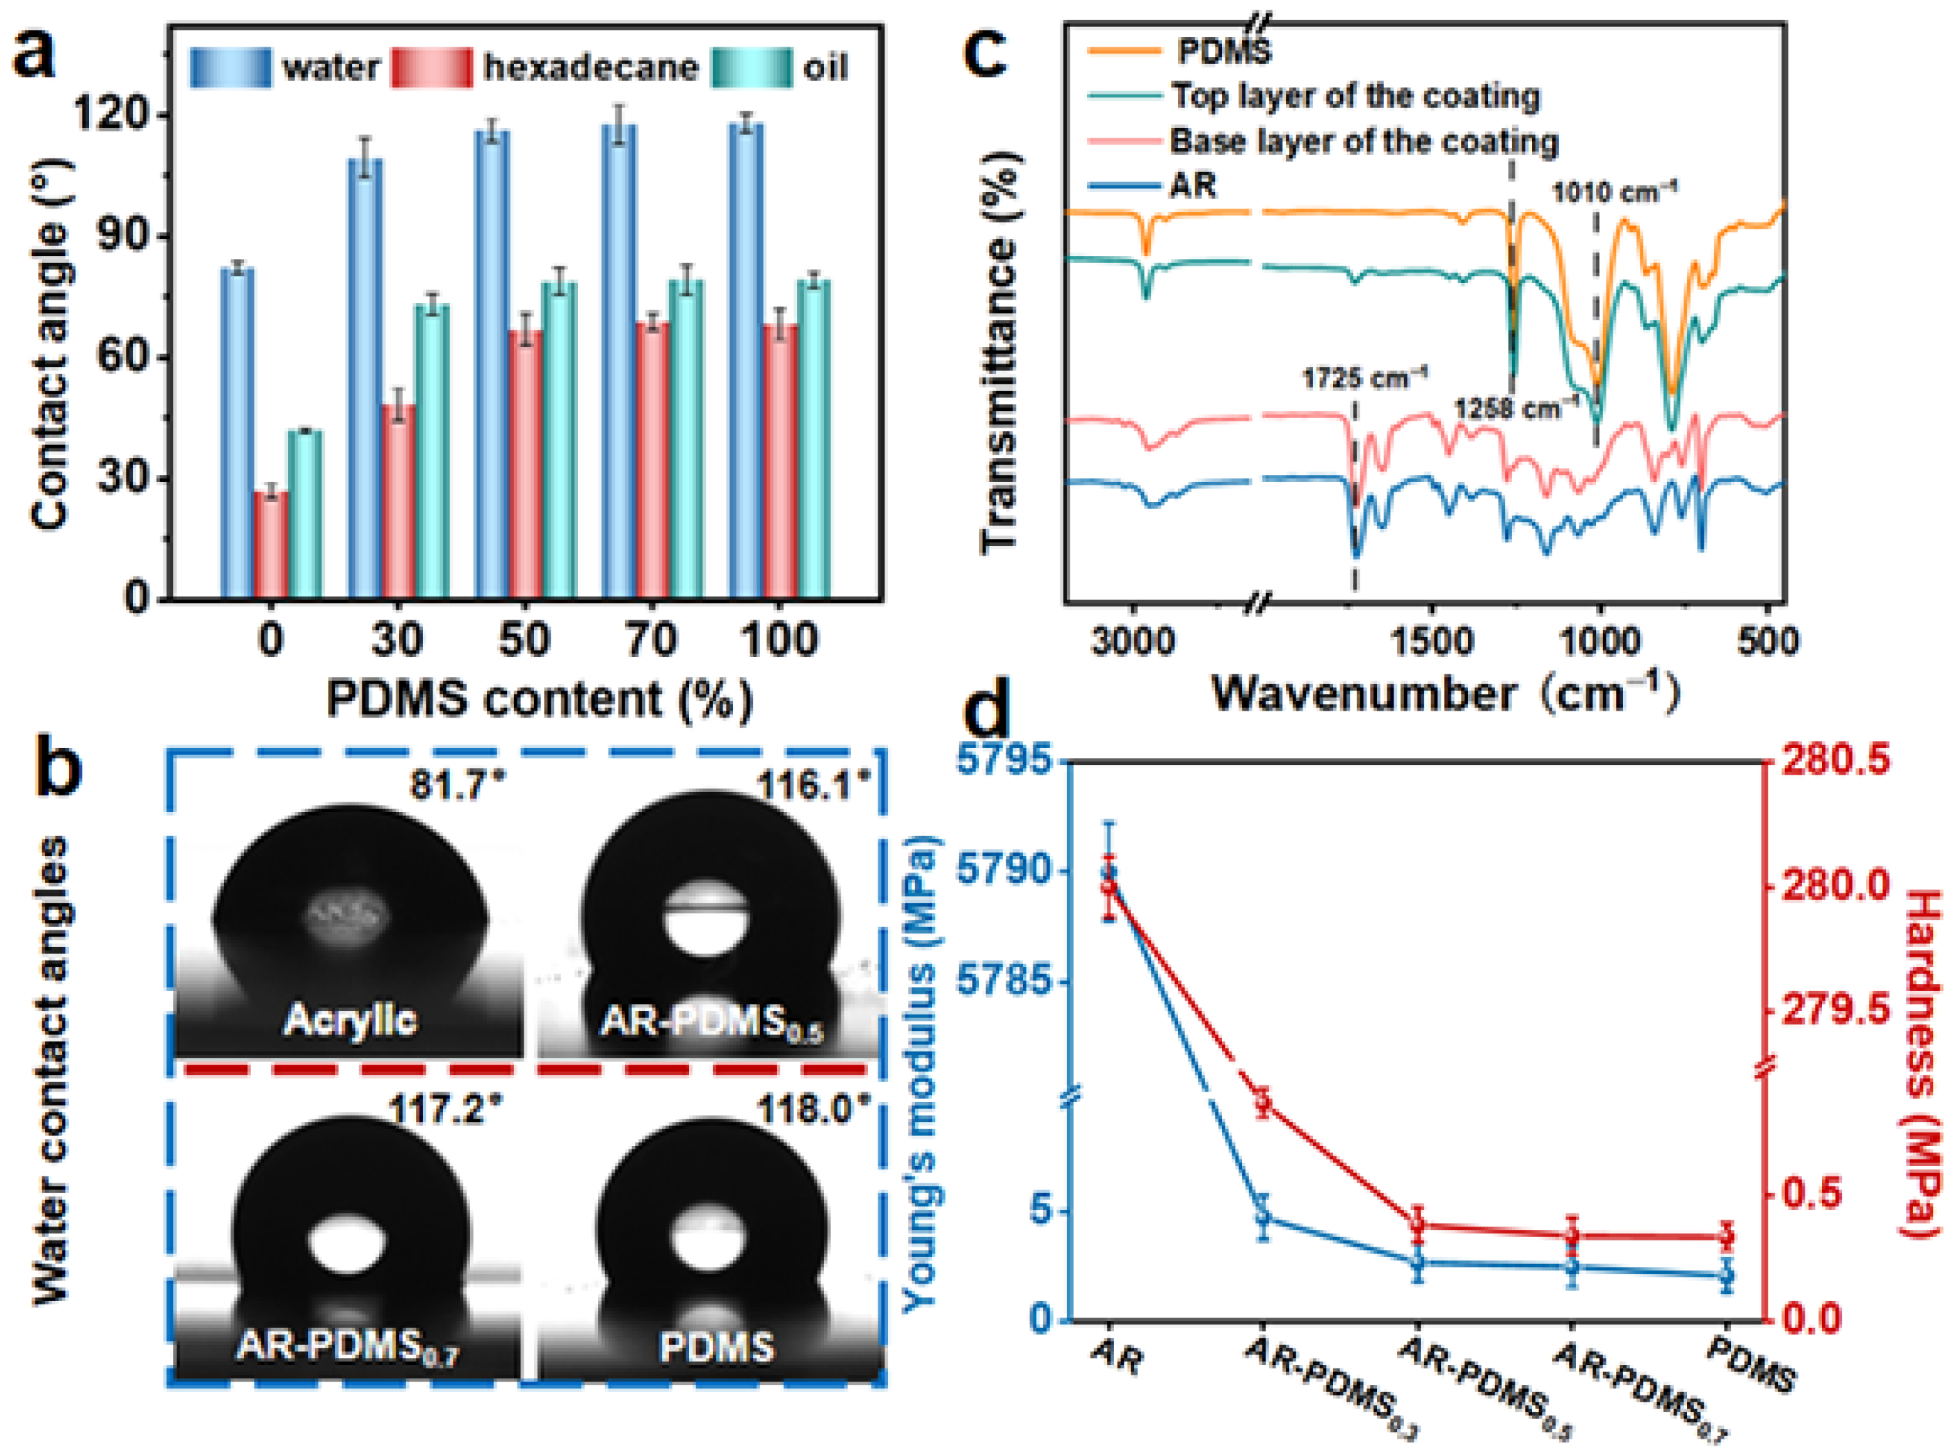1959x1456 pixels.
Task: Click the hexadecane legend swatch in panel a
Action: pos(432,68)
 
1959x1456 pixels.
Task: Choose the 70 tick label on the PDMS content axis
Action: pos(650,639)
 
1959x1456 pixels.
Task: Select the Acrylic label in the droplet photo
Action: pos(349,1021)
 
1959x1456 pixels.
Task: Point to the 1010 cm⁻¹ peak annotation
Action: pos(1615,191)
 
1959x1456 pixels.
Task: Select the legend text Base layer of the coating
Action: pos(1363,141)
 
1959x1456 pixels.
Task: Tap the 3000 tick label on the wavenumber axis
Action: pos(1132,641)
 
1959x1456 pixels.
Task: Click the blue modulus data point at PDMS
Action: pos(1725,1275)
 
